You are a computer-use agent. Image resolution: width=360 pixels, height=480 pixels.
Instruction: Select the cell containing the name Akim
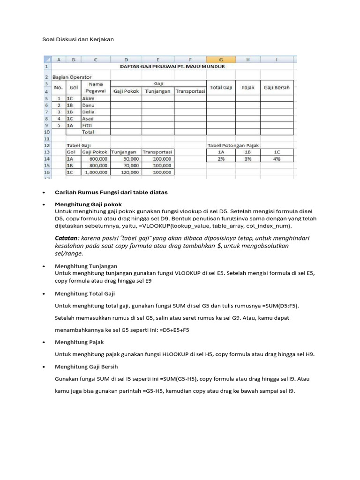pos(96,99)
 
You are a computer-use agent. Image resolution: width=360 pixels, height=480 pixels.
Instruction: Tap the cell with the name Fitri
pos(96,126)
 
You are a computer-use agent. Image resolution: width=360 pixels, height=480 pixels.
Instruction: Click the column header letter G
pos(221,60)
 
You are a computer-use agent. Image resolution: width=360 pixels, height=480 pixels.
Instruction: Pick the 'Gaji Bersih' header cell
pos(277,88)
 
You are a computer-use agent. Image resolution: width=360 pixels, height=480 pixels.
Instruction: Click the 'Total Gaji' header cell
pos(221,88)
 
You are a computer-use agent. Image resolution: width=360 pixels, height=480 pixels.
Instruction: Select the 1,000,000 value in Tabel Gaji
pos(96,172)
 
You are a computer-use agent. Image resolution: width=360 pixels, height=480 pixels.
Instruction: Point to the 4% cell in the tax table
pos(277,159)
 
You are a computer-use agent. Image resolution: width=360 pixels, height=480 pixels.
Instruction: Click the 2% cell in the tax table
pos(221,159)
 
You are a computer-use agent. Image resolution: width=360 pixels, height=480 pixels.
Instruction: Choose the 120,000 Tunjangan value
pos(127,172)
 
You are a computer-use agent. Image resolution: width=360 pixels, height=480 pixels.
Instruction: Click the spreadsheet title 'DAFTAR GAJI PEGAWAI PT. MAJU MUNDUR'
pos(172,67)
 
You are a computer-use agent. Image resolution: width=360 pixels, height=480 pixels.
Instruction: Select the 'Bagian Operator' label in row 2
pos(72,77)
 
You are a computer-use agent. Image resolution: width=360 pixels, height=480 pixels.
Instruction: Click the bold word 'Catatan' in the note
pos(66,238)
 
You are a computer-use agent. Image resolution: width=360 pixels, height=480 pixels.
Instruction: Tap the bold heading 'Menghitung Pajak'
pos(79,342)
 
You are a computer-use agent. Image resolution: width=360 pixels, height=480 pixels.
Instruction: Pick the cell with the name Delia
pos(96,112)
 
